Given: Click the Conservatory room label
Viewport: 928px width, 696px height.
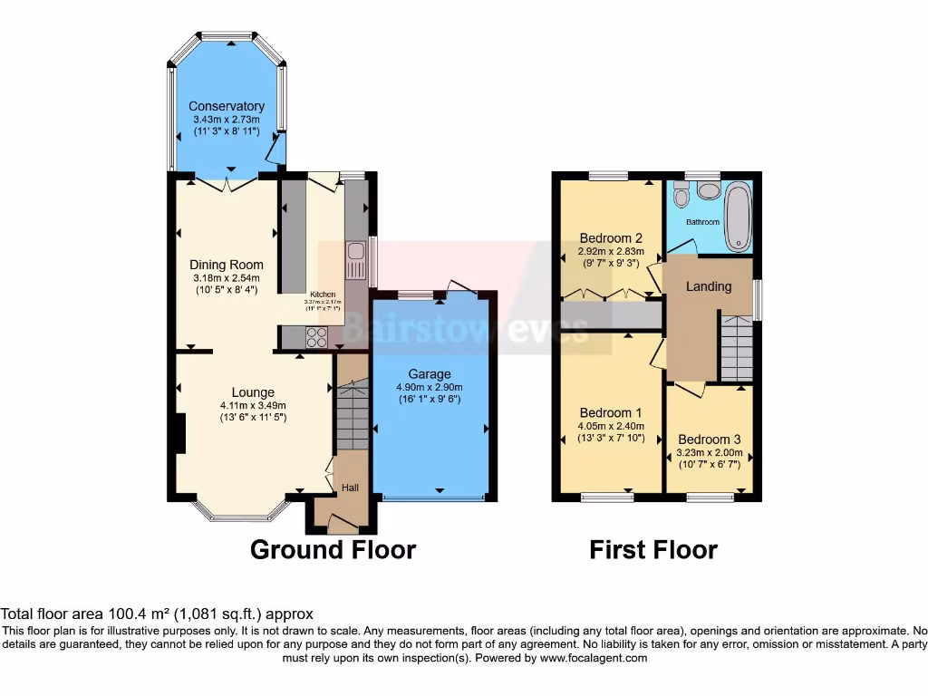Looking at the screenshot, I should (227, 106).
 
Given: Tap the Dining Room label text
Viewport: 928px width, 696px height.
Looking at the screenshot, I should (227, 265).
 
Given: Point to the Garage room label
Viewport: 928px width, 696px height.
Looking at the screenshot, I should (429, 373).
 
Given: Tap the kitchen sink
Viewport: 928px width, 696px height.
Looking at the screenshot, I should (355, 260).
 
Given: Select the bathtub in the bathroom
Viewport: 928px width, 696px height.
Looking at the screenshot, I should (739, 216).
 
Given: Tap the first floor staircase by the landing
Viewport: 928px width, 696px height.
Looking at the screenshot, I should (737, 349).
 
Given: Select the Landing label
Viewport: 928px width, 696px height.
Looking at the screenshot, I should (708, 286).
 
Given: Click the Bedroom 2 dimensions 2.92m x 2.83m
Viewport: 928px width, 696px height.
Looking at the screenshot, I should (611, 251).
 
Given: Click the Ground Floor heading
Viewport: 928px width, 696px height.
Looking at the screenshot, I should (333, 549).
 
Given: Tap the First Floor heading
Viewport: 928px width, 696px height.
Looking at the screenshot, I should (653, 549).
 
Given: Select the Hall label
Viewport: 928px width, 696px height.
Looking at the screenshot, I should (350, 488).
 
